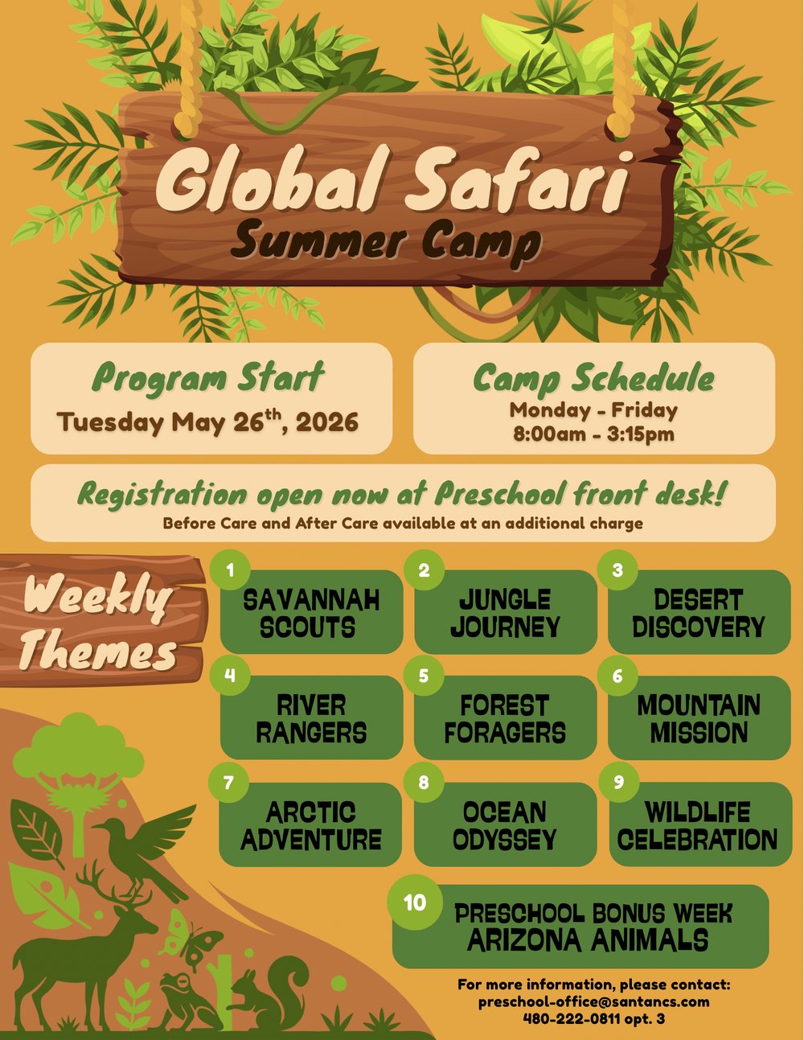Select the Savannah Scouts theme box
[x=311, y=613]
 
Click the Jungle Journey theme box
[x=506, y=613]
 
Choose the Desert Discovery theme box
[x=699, y=613]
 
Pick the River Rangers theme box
[x=311, y=718]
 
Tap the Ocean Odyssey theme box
[x=505, y=825]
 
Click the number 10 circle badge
[x=415, y=902]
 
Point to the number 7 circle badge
[x=229, y=783]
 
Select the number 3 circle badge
[x=617, y=570]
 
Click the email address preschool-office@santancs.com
[x=593, y=1002]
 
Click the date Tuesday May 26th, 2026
[x=207, y=421]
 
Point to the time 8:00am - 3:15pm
[x=593, y=434]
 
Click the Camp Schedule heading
[x=593, y=378]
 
